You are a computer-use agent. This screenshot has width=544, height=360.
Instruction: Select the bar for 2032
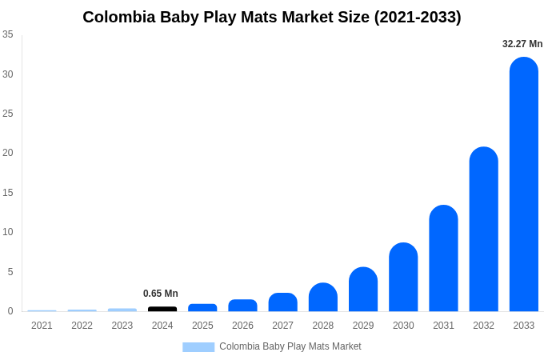[x=483, y=230]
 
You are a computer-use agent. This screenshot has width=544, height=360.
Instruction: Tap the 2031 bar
[x=443, y=258]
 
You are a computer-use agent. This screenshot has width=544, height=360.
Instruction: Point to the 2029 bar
[x=363, y=290]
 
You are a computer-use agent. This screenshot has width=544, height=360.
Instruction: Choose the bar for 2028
[x=323, y=298]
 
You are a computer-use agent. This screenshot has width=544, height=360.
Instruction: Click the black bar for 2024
[x=162, y=309]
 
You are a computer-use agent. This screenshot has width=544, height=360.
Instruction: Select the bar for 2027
[x=282, y=302]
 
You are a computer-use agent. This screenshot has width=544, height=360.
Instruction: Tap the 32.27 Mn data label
[x=522, y=44]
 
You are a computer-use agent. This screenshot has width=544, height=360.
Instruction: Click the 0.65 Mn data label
[x=161, y=294]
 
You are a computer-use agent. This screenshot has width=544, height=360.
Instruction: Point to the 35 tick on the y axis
[x=8, y=34]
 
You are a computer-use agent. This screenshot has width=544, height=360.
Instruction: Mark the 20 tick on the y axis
[x=8, y=153]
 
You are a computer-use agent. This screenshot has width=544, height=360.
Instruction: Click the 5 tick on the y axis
[x=10, y=272]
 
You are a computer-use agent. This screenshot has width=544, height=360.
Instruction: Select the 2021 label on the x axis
[x=42, y=326]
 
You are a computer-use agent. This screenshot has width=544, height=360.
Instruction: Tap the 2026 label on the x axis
[x=242, y=326]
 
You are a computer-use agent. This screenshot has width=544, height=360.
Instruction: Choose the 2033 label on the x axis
[x=523, y=326]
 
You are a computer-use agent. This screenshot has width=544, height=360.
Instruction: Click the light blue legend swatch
[x=198, y=346]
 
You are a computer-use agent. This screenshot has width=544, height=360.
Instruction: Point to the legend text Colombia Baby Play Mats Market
[x=290, y=346]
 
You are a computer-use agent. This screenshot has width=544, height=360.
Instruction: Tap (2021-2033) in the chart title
[x=418, y=17]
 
